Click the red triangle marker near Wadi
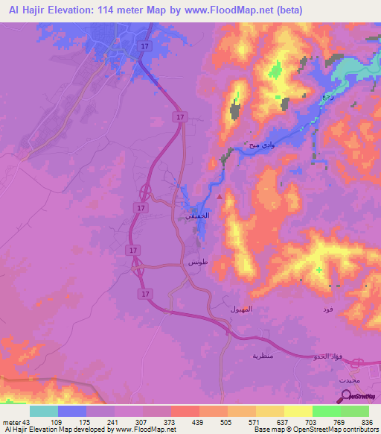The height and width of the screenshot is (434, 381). tap(219, 197)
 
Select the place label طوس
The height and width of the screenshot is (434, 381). tap(196, 263)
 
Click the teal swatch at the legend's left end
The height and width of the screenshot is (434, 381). tap(44, 411)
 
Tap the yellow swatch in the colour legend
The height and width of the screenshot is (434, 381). tap(298, 411)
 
